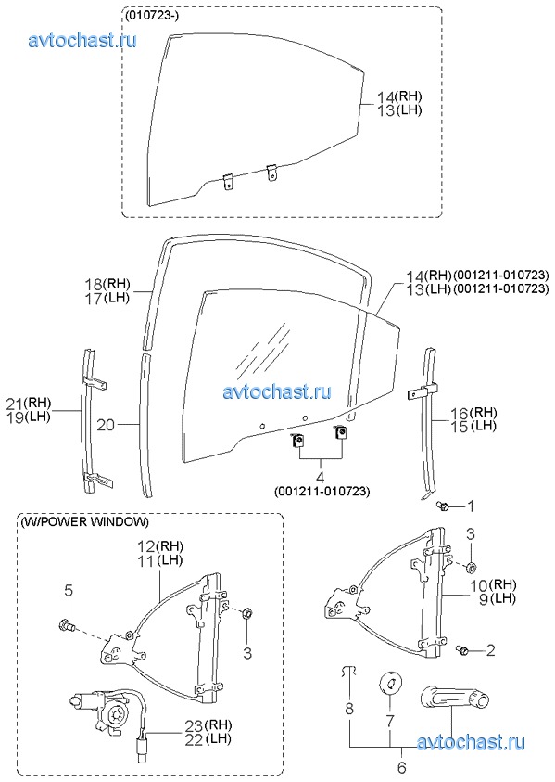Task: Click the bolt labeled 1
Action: pyautogui.click(x=442, y=506)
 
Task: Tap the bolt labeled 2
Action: pyautogui.click(x=461, y=649)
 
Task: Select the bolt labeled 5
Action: pyautogui.click(x=68, y=624)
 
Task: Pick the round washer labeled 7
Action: pyautogui.click(x=390, y=682)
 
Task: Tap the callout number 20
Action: pyautogui.click(x=106, y=425)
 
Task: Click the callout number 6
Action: pyautogui.click(x=401, y=766)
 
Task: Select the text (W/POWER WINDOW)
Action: pyautogui.click(x=84, y=522)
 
